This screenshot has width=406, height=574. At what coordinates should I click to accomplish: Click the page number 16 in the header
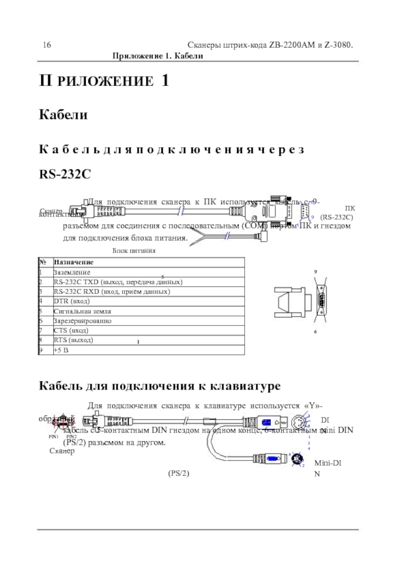click(x=46, y=45)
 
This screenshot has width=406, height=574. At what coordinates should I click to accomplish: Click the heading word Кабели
click(x=63, y=115)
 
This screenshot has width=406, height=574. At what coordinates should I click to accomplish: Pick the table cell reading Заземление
click(x=72, y=272)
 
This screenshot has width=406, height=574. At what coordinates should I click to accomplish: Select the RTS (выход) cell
click(x=73, y=340)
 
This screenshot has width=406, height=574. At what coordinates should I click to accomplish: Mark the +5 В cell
click(x=61, y=349)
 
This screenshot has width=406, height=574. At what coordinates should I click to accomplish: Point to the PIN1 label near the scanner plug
click(x=53, y=436)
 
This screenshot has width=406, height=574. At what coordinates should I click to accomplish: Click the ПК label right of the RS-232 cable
click(x=350, y=208)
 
